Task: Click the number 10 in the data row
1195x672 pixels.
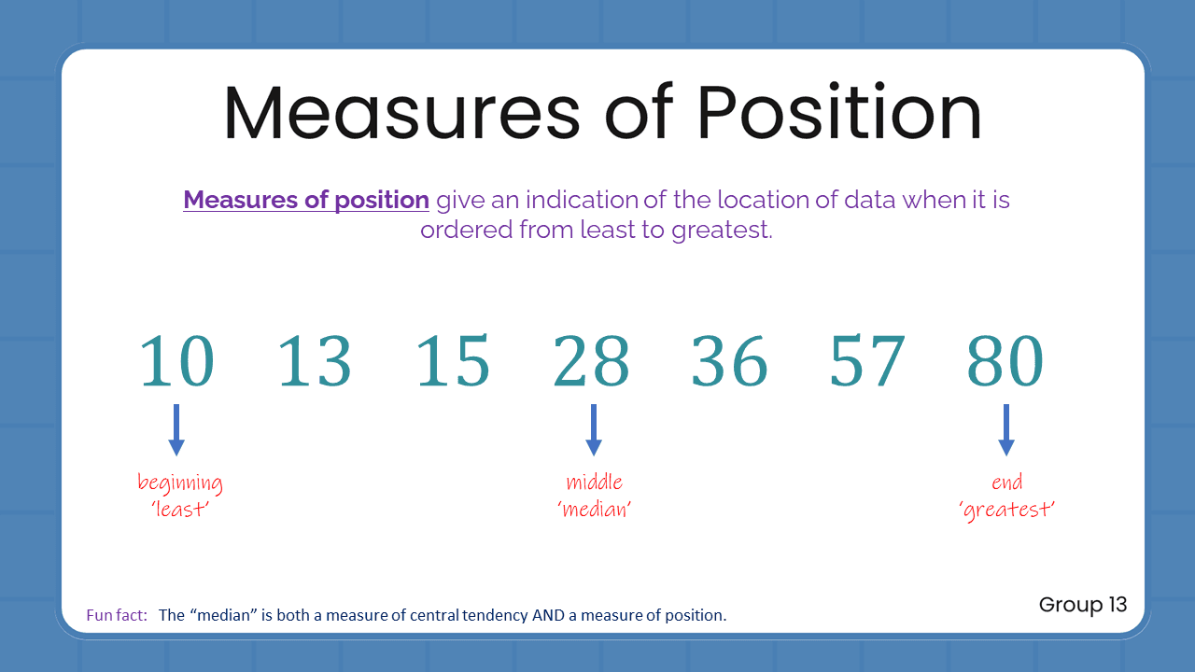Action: [176, 362]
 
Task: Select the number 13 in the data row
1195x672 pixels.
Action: [315, 362]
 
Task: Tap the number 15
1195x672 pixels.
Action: [453, 362]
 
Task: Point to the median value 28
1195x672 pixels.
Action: [591, 362]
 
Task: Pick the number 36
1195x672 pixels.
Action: [729, 362]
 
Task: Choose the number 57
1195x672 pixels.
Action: [867, 362]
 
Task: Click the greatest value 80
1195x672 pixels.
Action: [1005, 362]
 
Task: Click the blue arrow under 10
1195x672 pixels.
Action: [176, 429]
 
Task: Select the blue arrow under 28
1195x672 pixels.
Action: [594, 429]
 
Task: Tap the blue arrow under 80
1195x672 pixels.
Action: [1005, 429]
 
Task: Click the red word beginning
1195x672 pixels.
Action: [180, 483]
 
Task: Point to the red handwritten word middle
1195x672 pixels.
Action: [594, 483]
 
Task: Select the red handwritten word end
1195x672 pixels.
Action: [1007, 483]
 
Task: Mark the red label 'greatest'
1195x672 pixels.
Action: [1007, 510]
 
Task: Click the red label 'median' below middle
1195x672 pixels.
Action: [594, 510]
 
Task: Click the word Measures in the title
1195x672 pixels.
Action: [401, 113]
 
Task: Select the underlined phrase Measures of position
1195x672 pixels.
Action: [306, 200]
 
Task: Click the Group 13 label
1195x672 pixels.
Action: [1083, 605]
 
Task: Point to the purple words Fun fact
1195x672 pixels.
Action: [117, 615]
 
